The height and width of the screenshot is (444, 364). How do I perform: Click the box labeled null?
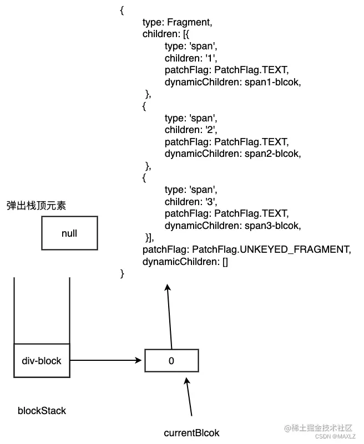click(69, 233)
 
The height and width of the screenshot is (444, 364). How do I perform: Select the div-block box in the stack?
click(42, 361)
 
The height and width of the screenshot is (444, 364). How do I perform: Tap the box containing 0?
click(171, 361)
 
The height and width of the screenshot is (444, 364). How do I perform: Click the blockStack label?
click(42, 411)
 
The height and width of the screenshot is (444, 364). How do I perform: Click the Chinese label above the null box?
click(36, 206)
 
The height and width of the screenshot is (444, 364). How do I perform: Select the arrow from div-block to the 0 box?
click(105, 361)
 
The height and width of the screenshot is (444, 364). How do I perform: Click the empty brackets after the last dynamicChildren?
click(225, 262)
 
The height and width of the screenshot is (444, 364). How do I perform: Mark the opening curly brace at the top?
click(122, 11)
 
